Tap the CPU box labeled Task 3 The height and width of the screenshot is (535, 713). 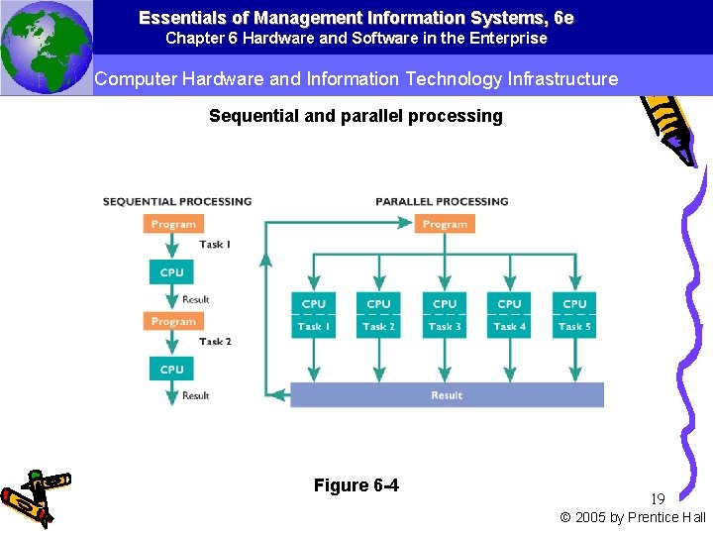pyautogui.click(x=445, y=315)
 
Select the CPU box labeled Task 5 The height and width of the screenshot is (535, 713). pyautogui.click(x=574, y=315)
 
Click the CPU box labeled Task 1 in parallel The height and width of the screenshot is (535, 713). pyautogui.click(x=313, y=315)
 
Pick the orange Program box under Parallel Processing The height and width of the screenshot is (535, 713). pyautogui.click(x=445, y=224)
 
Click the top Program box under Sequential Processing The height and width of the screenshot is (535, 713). pyautogui.click(x=173, y=224)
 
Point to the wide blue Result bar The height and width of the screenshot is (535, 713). pyautogui.click(x=446, y=395)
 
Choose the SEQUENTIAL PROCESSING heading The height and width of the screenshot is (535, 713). pyautogui.click(x=177, y=202)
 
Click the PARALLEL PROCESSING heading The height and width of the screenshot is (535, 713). pyautogui.click(x=442, y=202)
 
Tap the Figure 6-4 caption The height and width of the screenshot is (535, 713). pyautogui.click(x=356, y=484)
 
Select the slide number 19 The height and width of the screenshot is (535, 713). pyautogui.click(x=658, y=499)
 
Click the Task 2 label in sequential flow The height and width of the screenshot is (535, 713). pyautogui.click(x=215, y=342)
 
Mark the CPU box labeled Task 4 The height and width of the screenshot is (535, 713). pyautogui.click(x=509, y=315)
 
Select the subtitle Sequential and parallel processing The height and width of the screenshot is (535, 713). pyautogui.click(x=356, y=116)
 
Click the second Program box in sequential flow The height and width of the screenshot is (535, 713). pyautogui.click(x=173, y=321)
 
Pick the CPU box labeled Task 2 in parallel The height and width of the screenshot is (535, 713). pyautogui.click(x=378, y=315)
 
